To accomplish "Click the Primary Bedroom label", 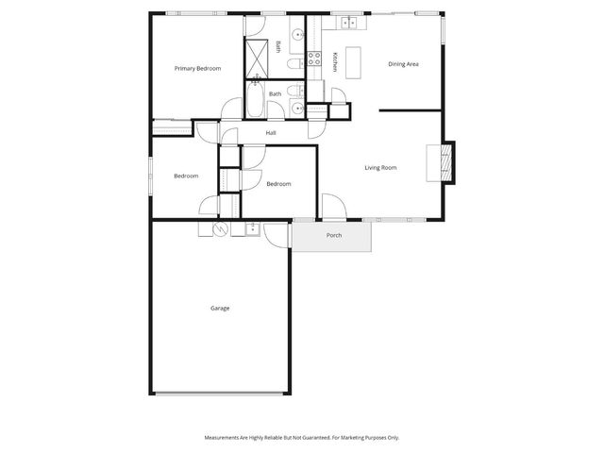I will point(198,69).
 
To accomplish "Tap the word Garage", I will point(220,309).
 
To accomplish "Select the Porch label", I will point(334,235).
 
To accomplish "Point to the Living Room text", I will point(380,168).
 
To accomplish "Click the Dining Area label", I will point(403,64).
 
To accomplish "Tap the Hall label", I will point(271,133).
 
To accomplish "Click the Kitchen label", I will point(334,62).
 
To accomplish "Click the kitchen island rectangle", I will point(354,62).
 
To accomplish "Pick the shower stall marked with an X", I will point(256,57).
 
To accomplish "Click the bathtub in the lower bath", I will point(256,99).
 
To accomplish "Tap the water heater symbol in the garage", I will point(220,229).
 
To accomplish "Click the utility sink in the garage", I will point(253,227).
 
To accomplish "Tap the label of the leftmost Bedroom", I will point(186,176).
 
